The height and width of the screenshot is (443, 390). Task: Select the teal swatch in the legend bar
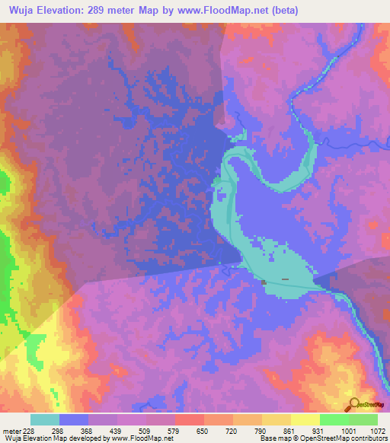45,419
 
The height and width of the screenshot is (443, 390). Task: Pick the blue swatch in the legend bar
74,419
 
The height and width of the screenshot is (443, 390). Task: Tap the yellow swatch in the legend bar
305,419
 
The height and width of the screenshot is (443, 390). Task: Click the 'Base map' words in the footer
275,438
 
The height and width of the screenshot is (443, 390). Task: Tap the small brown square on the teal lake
264,282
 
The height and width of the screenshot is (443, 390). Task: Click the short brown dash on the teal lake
285,279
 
